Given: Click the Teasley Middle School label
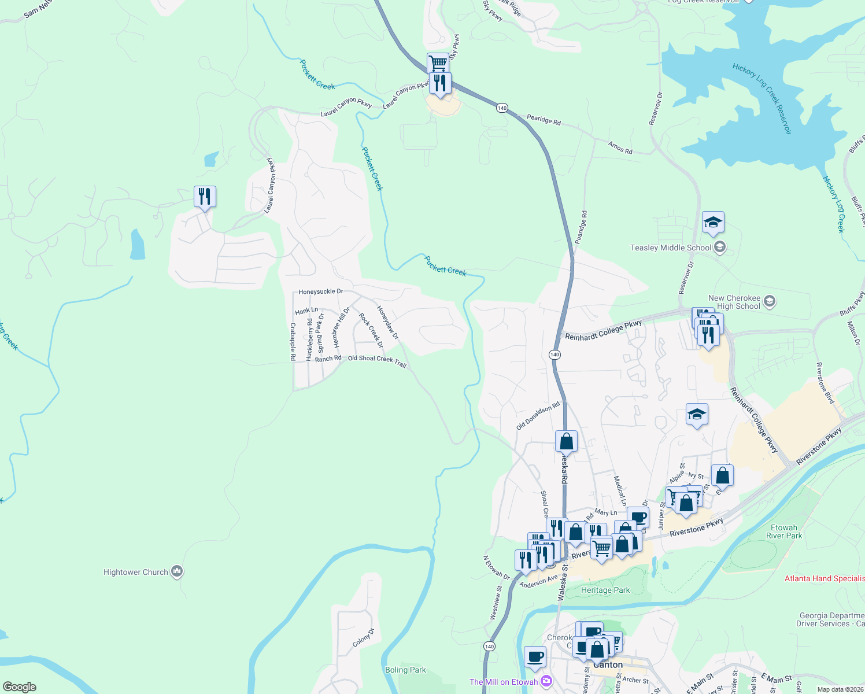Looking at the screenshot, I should point(671,248).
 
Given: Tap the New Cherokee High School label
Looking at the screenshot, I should point(734,302).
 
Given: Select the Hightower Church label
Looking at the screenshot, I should point(136,572).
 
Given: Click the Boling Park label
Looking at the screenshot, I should point(405,670).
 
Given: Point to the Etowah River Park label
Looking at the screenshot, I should point(784,531).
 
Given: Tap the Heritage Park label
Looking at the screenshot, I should point(605,590).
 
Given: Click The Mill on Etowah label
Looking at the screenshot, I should point(504,682).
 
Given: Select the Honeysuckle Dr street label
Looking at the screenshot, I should point(321,291).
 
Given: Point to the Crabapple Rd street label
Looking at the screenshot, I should point(293,342).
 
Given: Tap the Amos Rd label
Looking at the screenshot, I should point(620,147).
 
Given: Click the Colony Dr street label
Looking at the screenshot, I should point(364,637).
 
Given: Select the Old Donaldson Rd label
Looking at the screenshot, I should point(538,416).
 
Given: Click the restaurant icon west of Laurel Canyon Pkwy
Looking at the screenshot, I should point(205,197).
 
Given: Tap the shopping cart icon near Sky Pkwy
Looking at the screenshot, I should point(438,62).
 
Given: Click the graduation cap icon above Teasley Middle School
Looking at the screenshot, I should point(713,223).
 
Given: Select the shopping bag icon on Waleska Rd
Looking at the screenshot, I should point(567,441).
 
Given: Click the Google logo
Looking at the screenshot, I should point(20,687).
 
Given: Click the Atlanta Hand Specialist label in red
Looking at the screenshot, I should point(825,578).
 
